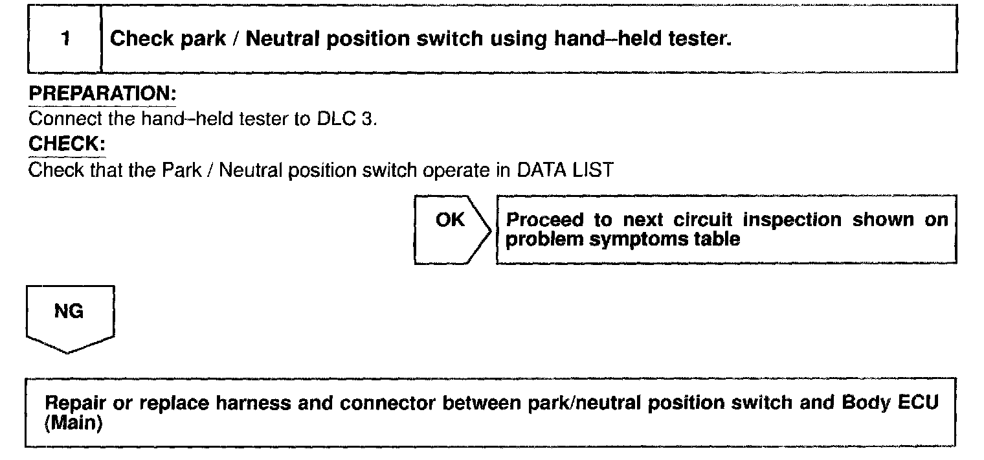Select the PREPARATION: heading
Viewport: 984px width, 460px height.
point(102,94)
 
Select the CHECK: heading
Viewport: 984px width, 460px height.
point(67,145)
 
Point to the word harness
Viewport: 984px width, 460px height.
point(251,403)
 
